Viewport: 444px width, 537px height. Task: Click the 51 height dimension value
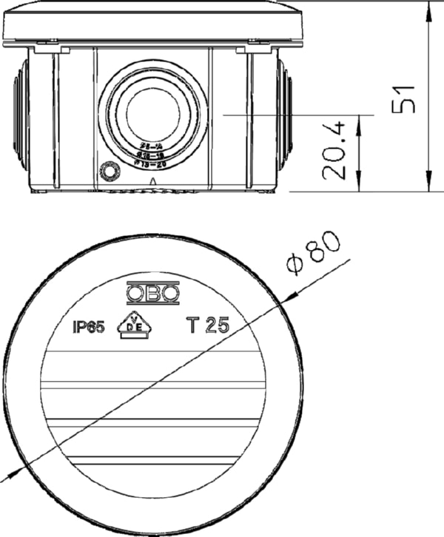coord(403,97)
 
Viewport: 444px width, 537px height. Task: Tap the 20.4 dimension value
coord(335,152)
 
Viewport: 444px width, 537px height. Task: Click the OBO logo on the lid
coord(152,294)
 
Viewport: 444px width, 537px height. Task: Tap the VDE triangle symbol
coord(135,325)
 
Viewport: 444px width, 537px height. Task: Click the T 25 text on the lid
coord(208,325)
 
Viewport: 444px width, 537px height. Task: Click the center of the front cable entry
coord(151,115)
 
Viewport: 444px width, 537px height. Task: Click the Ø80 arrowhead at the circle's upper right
coord(290,294)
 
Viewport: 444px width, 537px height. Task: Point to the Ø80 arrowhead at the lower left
coord(10,475)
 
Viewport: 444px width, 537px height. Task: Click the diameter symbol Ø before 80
coord(295,264)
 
